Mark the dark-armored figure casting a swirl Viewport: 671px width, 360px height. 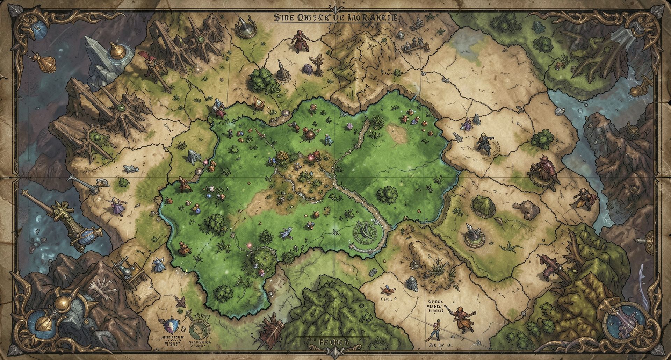(484, 144)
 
